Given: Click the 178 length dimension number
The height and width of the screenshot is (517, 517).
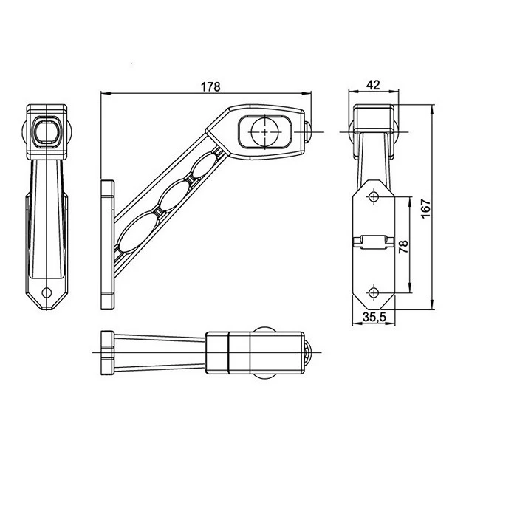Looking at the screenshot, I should click(x=210, y=86).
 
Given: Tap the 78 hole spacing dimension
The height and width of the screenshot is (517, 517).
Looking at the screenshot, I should click(x=403, y=246).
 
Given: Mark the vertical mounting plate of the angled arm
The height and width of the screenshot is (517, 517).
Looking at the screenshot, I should click(x=108, y=243).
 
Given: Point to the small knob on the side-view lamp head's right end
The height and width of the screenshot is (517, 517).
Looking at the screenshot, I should click(x=307, y=133).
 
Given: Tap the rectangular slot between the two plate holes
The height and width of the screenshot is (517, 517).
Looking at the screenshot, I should click(x=374, y=240).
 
